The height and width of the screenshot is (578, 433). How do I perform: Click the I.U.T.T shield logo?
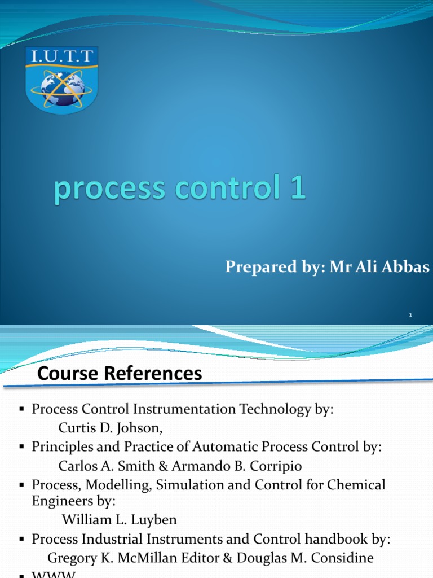coord(62,79)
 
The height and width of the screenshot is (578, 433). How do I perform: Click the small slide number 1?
coord(411,314)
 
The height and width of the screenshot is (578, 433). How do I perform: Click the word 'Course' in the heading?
coord(67,374)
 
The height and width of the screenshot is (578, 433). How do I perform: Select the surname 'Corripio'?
coord(277,466)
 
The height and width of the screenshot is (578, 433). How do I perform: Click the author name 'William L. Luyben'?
coord(118,520)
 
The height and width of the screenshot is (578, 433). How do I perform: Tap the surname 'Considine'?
coord(343,559)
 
